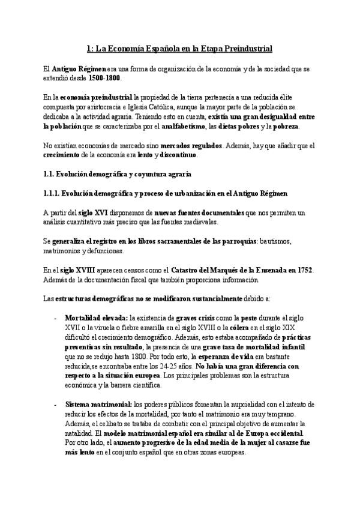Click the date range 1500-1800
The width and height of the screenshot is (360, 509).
[104, 79]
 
